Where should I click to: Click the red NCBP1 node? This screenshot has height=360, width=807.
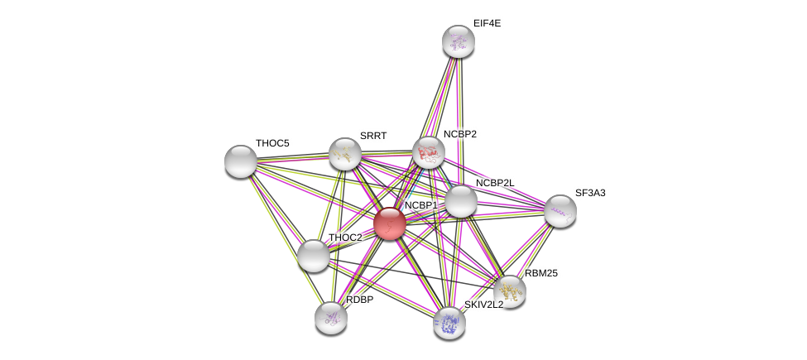click(389, 223)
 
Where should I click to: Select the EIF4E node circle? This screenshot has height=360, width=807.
click(458, 41)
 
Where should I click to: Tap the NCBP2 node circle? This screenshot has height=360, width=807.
click(429, 152)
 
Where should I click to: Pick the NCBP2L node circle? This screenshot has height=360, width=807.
click(461, 201)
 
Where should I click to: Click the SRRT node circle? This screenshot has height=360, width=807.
click(345, 154)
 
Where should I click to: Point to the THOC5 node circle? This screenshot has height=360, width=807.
click(241, 161)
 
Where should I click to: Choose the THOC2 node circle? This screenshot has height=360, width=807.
click(314, 256)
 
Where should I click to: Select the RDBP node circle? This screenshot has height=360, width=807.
click(331, 318)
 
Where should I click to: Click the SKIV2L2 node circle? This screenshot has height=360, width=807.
click(449, 323)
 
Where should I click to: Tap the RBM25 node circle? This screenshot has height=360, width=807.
click(510, 290)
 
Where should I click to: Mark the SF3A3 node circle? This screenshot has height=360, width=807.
click(560, 211)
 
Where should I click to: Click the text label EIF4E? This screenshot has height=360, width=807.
click(487, 23)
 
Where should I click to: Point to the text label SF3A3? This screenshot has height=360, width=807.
click(590, 193)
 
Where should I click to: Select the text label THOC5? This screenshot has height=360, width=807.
click(272, 143)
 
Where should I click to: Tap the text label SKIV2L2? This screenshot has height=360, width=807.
click(483, 305)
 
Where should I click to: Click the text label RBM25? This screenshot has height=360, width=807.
click(541, 273)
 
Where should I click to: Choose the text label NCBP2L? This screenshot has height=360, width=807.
click(495, 183)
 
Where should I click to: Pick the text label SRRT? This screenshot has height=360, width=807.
click(373, 136)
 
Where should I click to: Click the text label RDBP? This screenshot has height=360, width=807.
click(359, 300)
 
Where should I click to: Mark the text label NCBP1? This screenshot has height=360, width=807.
click(420, 205)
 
